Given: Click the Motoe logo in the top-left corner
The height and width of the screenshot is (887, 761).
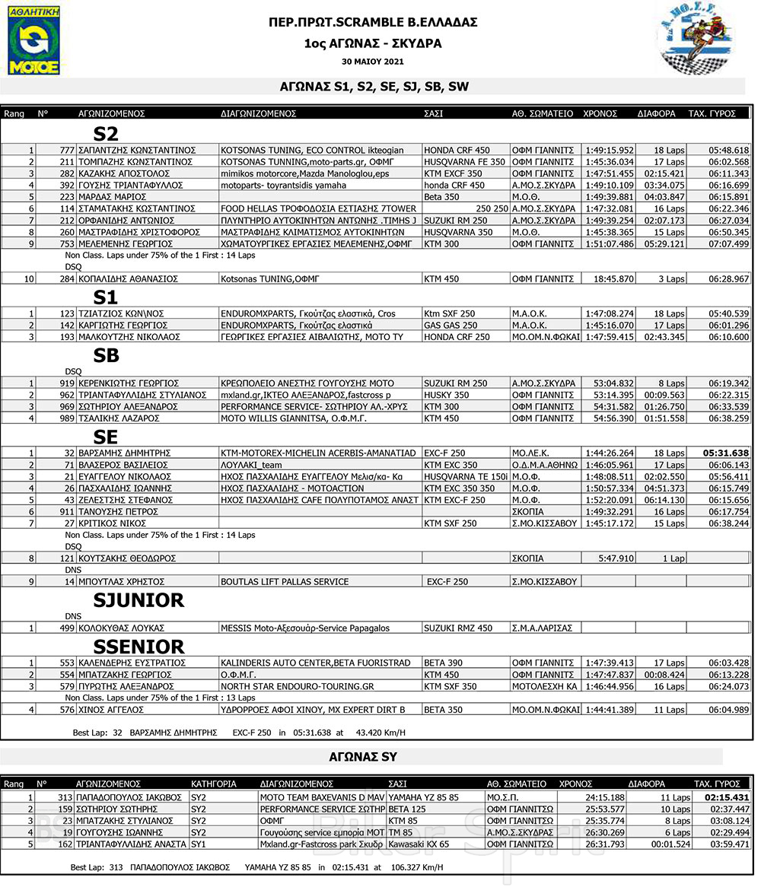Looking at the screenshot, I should [33, 41].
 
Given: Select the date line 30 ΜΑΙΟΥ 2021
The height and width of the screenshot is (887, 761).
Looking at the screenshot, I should [373, 61].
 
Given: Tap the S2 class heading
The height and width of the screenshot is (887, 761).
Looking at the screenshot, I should [106, 134].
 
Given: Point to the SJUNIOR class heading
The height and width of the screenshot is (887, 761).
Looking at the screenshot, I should [139, 600].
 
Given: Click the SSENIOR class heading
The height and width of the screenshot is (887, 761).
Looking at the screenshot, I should [139, 647].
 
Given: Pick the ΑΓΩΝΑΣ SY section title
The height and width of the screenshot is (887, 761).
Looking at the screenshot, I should [373, 757].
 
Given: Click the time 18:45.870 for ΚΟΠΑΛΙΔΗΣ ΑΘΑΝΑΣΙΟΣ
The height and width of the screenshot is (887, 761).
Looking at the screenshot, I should [613, 279].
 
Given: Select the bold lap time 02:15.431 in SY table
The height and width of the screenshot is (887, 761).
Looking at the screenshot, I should [726, 797].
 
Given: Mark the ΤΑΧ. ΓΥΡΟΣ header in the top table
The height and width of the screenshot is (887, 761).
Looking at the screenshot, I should [712, 113].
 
